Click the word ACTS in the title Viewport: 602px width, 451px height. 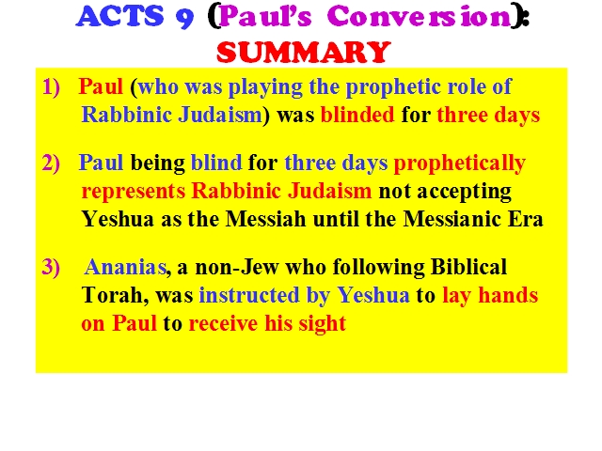[x=119, y=16]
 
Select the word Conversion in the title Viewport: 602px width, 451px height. [x=420, y=16]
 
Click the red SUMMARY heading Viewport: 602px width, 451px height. [x=304, y=53]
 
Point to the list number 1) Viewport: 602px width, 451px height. [x=51, y=86]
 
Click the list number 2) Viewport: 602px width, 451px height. [x=51, y=163]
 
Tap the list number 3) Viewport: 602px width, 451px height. [x=51, y=267]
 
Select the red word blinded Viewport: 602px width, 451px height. [x=357, y=115]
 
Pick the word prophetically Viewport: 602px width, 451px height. [x=460, y=163]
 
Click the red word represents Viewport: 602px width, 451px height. [x=134, y=192]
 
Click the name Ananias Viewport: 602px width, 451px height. [x=125, y=267]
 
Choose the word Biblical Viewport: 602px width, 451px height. [x=468, y=267]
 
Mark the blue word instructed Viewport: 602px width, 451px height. [x=249, y=295]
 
